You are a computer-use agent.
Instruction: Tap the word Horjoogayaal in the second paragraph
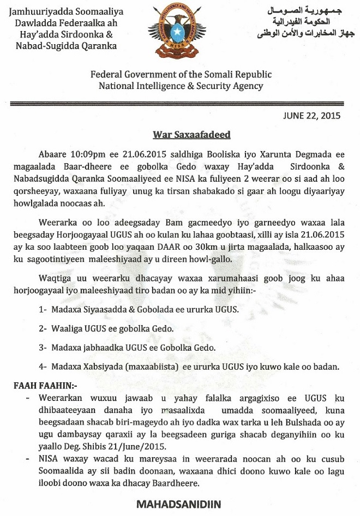click(x=86, y=233)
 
